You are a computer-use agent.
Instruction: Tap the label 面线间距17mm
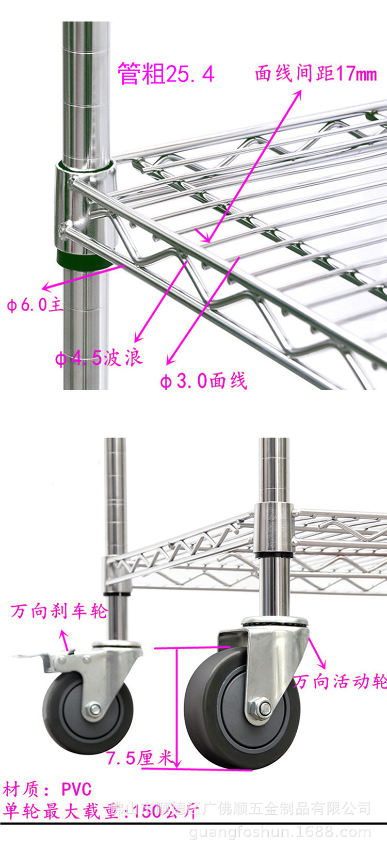(x=316, y=74)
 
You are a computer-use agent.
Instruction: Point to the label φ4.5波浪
(x=99, y=357)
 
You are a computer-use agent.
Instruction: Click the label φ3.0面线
(x=203, y=381)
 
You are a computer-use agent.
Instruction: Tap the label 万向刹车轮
(x=59, y=612)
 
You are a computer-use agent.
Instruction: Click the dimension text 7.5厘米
(x=139, y=758)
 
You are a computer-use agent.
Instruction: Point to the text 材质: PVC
(x=47, y=789)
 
